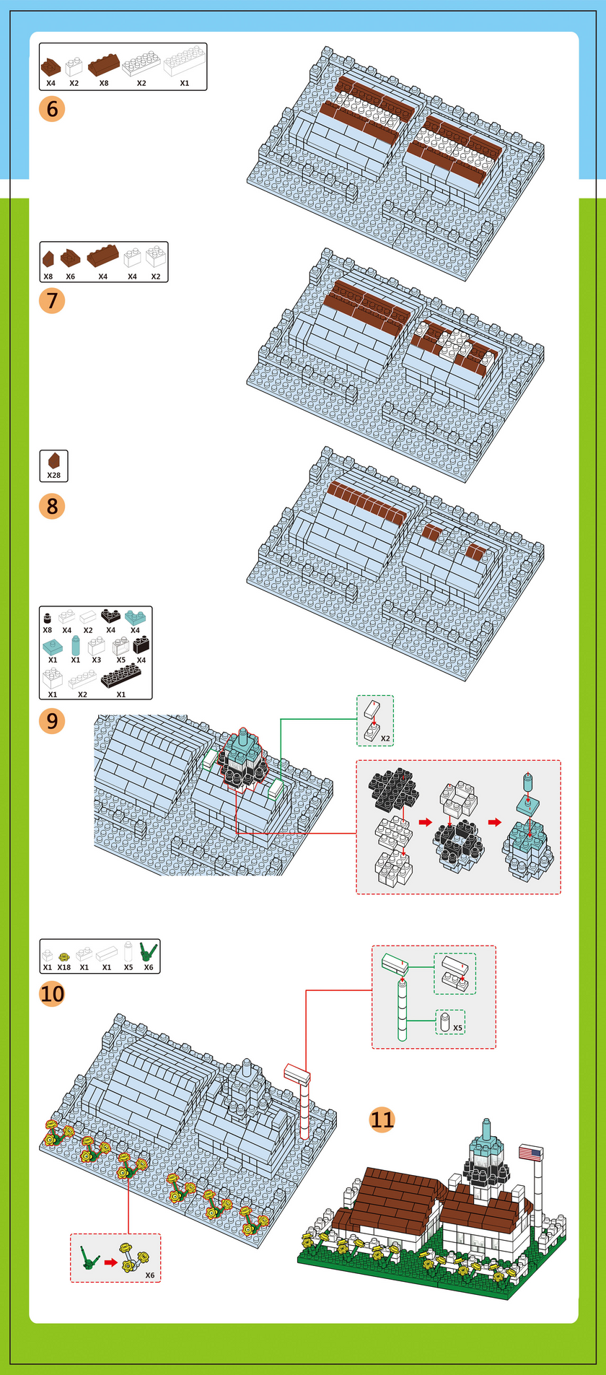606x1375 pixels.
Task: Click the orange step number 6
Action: [x=52, y=109]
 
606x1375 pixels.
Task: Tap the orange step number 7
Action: [x=52, y=300]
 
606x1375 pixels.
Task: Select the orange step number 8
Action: [x=52, y=506]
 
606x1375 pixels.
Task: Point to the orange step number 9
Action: [x=52, y=720]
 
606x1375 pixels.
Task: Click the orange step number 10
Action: [x=52, y=994]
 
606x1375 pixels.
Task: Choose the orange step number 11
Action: [x=382, y=1119]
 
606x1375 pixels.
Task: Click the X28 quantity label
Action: [x=53, y=476]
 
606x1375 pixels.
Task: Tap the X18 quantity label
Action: [x=64, y=967]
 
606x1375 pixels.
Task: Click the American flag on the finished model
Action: [x=531, y=1153]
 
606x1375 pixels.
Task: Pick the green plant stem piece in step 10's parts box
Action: [x=149, y=952]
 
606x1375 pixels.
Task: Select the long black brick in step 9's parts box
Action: [x=121, y=677]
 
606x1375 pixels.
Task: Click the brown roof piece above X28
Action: [x=53, y=460]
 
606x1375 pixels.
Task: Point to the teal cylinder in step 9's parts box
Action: [x=76, y=644]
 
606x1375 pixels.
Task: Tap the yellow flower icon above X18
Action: [x=64, y=956]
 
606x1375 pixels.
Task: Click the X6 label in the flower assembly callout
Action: [x=149, y=1275]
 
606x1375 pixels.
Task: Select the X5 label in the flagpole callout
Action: [x=458, y=1027]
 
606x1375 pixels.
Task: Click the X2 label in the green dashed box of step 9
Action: [x=385, y=738]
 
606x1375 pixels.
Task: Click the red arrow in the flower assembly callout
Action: [x=110, y=1262]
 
